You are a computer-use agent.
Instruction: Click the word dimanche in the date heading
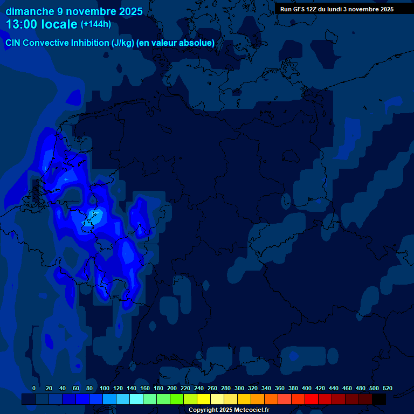pyautogui.click(x=30, y=11)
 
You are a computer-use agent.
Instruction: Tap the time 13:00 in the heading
pyautogui.click(x=23, y=24)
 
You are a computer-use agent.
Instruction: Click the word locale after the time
pyautogui.click(x=59, y=24)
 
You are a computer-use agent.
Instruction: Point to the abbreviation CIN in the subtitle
pyautogui.click(x=13, y=43)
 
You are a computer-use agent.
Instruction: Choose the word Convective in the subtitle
pyautogui.click(x=46, y=43)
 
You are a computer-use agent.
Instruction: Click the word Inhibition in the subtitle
pyautogui.click(x=90, y=43)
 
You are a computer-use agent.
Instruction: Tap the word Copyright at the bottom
pyautogui.click(x=203, y=410)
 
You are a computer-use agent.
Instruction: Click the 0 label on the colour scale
pyautogui.click(x=34, y=388)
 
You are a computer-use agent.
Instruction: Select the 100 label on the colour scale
pyautogui.click(x=105, y=388)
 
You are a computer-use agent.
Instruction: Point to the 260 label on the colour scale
pyautogui.click(x=212, y=388)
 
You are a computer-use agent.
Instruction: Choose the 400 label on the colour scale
pyautogui.click(x=307, y=388)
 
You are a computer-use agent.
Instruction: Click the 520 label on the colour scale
pyautogui.click(x=388, y=388)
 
